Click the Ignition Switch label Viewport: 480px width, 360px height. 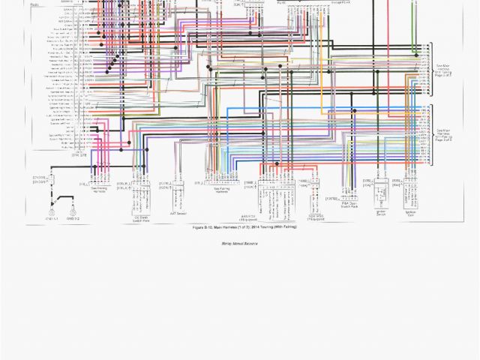click(379, 214)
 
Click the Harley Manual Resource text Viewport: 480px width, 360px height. click(240, 244)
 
